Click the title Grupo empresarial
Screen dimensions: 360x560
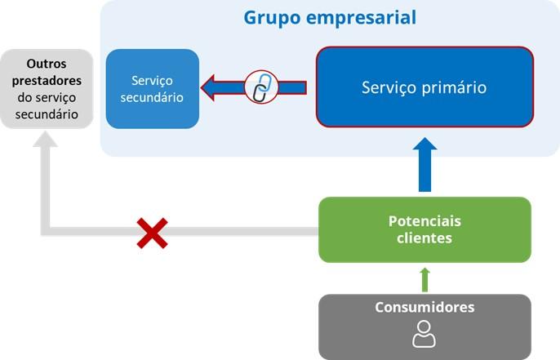coord(329,17)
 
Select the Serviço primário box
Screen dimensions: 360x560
coord(424,87)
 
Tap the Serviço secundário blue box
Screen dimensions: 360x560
coord(153,88)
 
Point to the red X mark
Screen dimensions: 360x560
coord(152,232)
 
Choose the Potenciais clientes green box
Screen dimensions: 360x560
coord(424,229)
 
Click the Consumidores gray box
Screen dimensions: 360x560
coord(424,327)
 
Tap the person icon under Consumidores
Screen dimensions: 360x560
coord(424,334)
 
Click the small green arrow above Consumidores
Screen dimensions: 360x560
coord(424,278)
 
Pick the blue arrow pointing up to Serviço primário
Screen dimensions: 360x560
coord(424,163)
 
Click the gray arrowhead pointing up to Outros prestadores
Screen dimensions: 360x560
coord(47,143)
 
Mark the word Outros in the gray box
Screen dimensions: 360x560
coord(47,63)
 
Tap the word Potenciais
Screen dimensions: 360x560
coord(424,221)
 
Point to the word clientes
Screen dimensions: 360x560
coord(424,238)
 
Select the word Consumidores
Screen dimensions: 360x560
coord(424,308)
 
